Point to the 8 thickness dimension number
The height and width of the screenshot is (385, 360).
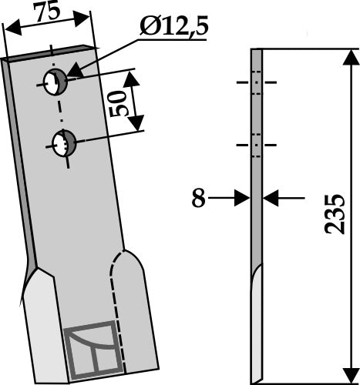point(198,199)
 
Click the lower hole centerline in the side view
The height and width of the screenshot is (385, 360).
point(257,144)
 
